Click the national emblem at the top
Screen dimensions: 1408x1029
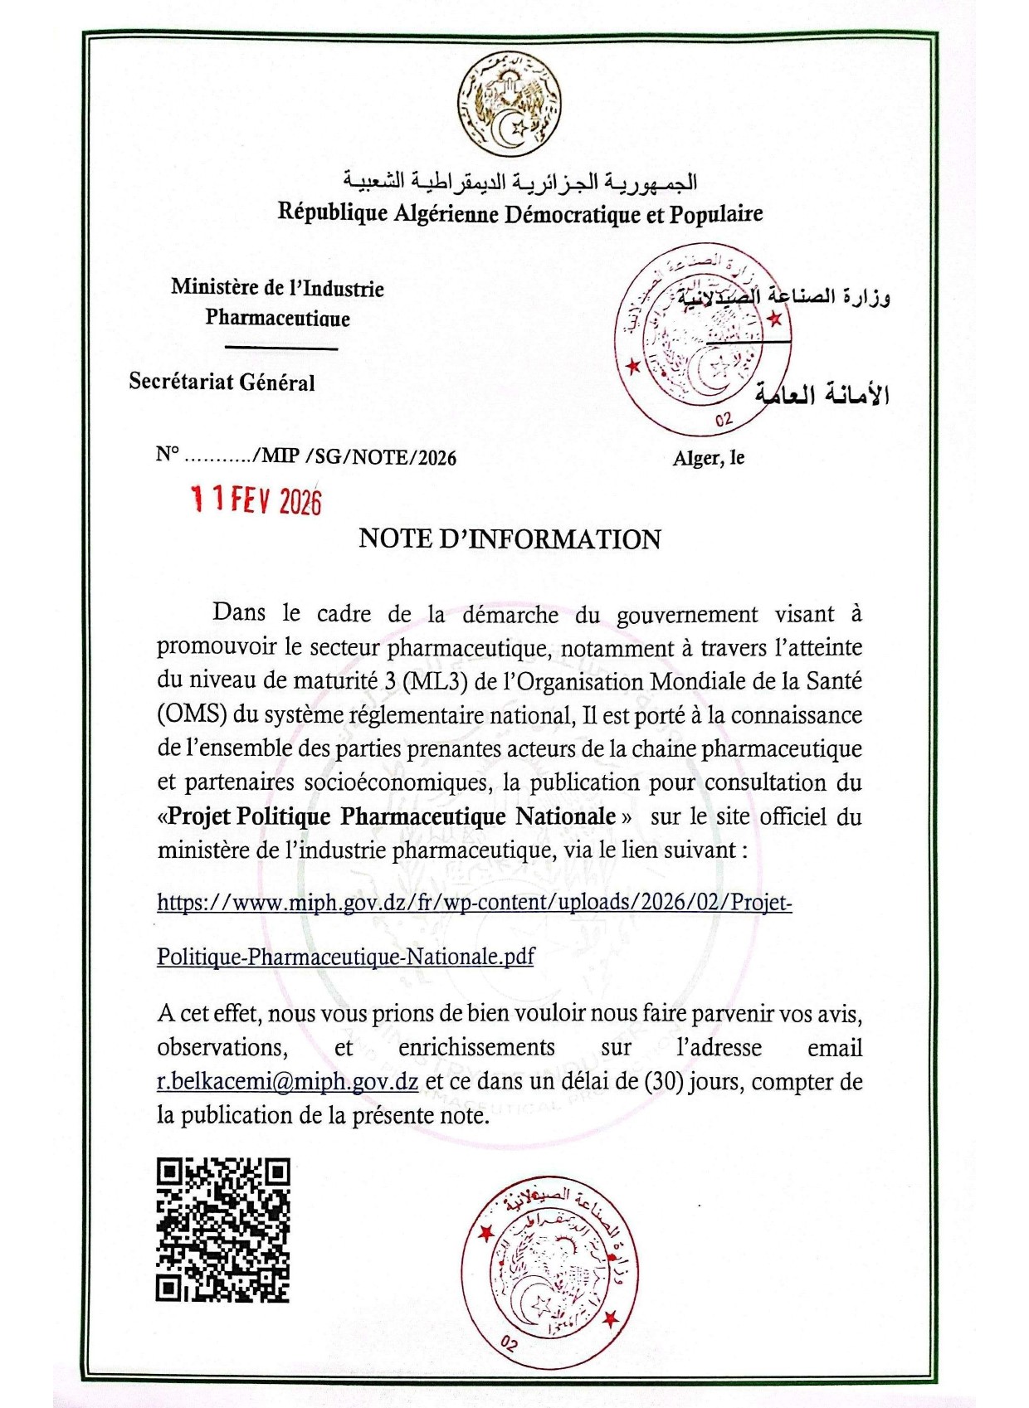pyautogui.click(x=510, y=105)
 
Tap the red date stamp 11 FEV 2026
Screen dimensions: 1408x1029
pyautogui.click(x=256, y=500)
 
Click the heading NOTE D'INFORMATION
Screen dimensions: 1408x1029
pyautogui.click(x=510, y=539)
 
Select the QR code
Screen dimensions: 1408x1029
pyautogui.click(x=222, y=1230)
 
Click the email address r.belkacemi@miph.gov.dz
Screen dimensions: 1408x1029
pyautogui.click(x=287, y=1082)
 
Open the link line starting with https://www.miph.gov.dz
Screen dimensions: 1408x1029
pyautogui.click(x=474, y=902)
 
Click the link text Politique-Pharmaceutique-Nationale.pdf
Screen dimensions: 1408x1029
pyautogui.click(x=345, y=957)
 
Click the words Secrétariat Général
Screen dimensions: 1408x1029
pyautogui.click(x=222, y=382)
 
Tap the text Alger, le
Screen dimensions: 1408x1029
pyautogui.click(x=708, y=458)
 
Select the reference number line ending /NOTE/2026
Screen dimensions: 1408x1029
pyautogui.click(x=305, y=456)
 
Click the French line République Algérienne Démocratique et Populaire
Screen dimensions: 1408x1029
pyautogui.click(x=520, y=213)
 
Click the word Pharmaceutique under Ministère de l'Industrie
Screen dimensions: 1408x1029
pyautogui.click(x=277, y=319)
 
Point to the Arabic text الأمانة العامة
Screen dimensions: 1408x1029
pyautogui.click(x=822, y=394)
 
